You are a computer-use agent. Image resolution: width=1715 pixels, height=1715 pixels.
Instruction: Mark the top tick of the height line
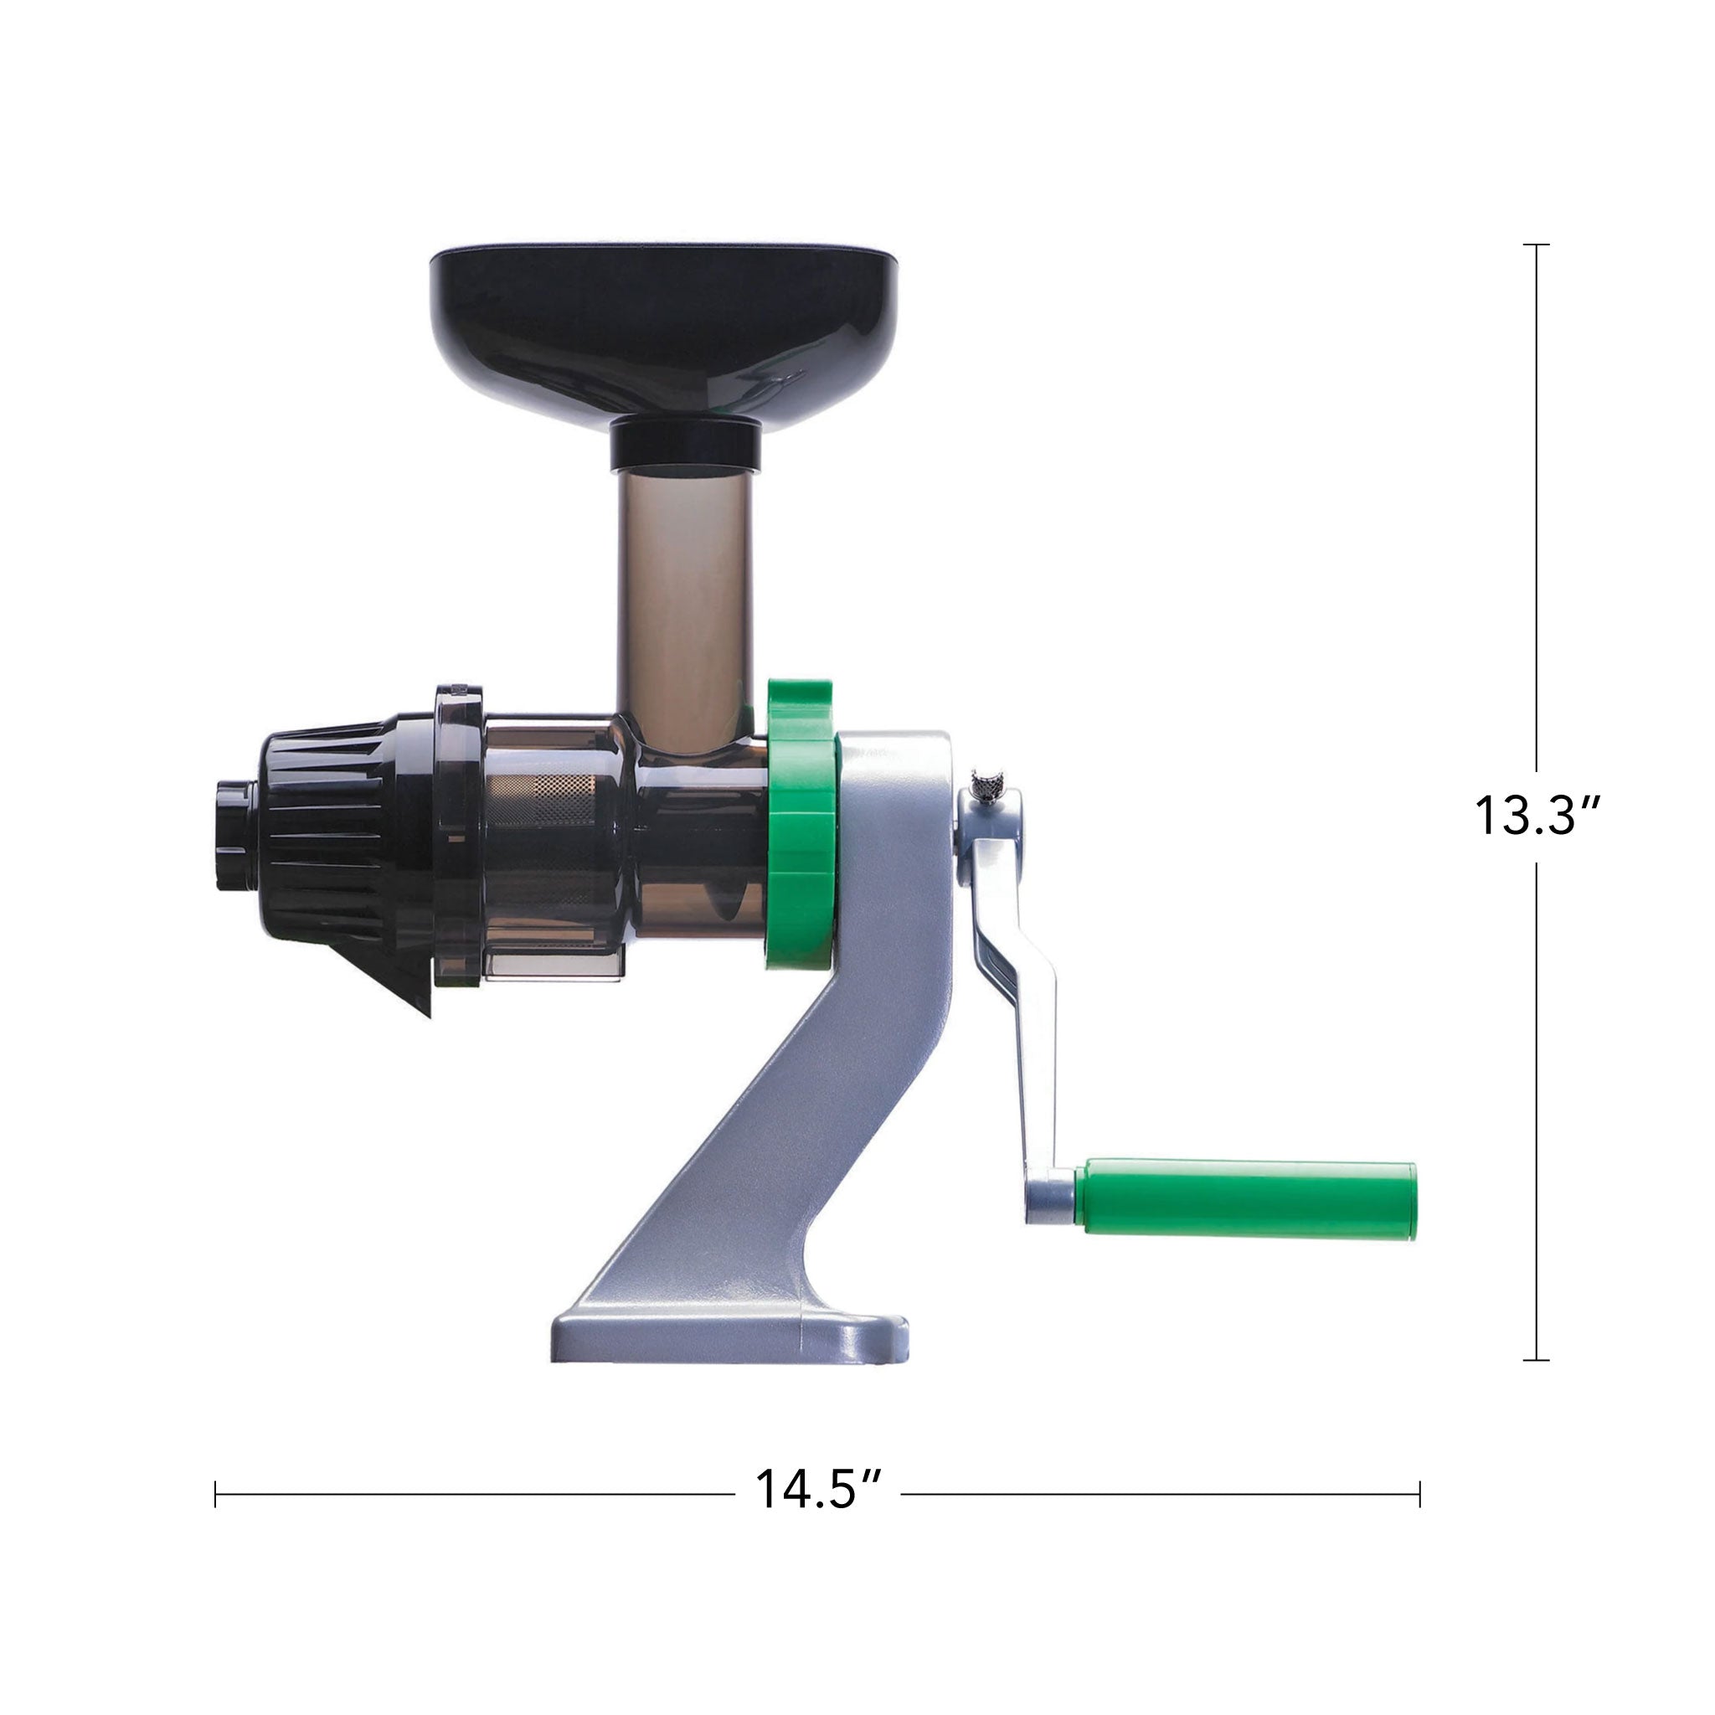[x=1536, y=245]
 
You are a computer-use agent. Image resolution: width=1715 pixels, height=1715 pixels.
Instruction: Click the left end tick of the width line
[x=216, y=1494]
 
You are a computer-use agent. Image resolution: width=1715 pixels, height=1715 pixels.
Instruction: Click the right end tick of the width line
[x=1419, y=1494]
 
